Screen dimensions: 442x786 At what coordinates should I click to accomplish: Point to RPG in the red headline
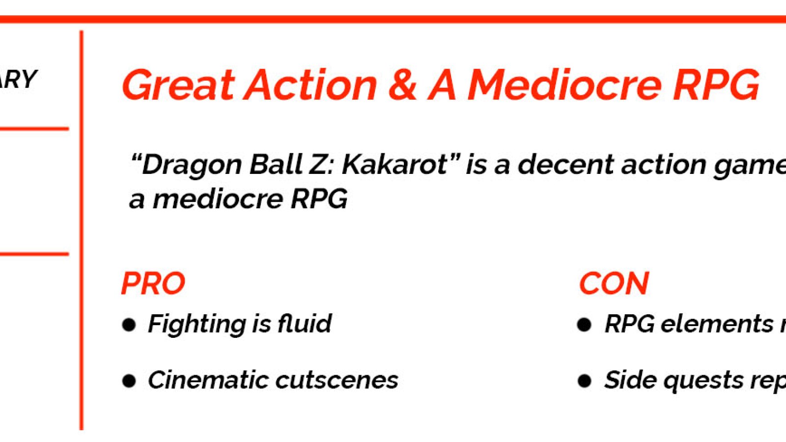pos(716,85)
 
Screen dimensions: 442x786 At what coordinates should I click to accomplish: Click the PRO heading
pos(153,283)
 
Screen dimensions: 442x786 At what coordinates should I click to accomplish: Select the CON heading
pos(614,283)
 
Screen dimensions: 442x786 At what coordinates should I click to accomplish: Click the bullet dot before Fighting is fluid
pos(129,325)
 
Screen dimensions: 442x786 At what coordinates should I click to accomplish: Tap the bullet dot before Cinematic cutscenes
pos(129,381)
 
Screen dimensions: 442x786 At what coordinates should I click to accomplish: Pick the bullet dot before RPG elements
pos(584,325)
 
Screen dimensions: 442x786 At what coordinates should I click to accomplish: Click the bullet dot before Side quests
pos(584,381)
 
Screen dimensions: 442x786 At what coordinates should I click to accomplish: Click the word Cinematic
pos(207,380)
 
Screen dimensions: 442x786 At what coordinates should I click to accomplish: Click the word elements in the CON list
pos(717,324)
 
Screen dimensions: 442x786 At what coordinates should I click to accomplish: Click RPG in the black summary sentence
pos(319,199)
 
